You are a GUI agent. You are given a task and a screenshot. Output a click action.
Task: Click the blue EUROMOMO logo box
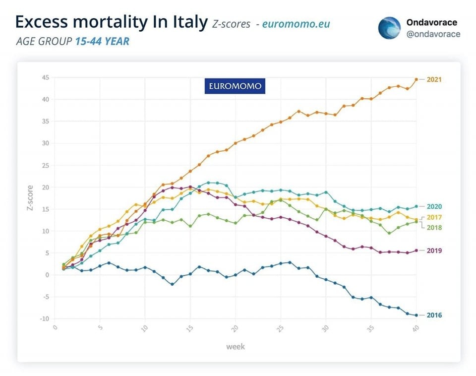(235, 86)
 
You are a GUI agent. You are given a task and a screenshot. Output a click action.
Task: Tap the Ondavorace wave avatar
(389, 28)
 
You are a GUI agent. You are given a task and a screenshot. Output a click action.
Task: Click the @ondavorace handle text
(433, 34)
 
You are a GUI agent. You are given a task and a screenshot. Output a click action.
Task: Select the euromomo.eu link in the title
(296, 24)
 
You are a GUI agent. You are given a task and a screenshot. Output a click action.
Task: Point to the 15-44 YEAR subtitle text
(102, 41)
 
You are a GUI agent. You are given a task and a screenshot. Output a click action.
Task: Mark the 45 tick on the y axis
(44, 77)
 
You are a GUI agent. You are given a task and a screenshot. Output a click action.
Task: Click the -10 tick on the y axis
(44, 318)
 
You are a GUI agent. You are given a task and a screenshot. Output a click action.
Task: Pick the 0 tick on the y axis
(47, 275)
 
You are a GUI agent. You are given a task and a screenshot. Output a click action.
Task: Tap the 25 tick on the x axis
(280, 329)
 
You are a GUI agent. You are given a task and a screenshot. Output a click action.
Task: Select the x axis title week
(235, 346)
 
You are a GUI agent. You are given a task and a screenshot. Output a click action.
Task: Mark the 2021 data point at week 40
(416, 79)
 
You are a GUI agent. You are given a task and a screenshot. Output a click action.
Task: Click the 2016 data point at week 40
(416, 315)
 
